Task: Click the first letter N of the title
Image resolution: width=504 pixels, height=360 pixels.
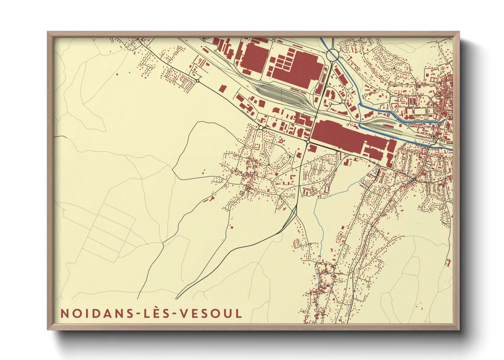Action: click(x=64, y=313)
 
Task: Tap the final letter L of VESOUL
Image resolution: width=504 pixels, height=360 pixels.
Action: click(x=239, y=313)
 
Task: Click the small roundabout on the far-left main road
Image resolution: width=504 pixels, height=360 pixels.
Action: click(x=198, y=81)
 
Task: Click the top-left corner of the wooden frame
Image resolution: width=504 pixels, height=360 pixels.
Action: click(x=48, y=32)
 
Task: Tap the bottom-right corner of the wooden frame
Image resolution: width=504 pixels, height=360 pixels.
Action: click(x=459, y=329)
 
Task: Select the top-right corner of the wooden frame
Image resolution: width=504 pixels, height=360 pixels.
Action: click(x=459, y=32)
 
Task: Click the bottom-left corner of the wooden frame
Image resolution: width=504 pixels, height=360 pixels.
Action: click(x=48, y=329)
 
